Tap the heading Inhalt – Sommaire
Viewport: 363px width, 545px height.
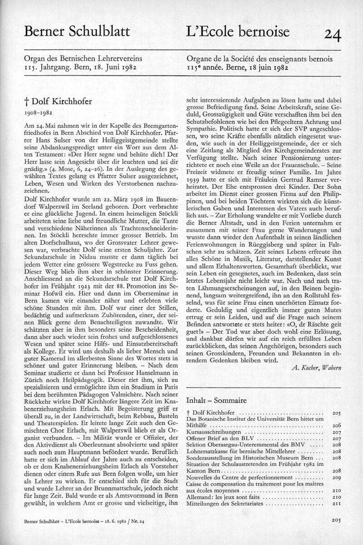pyautogui.click(x=217, y=401)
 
